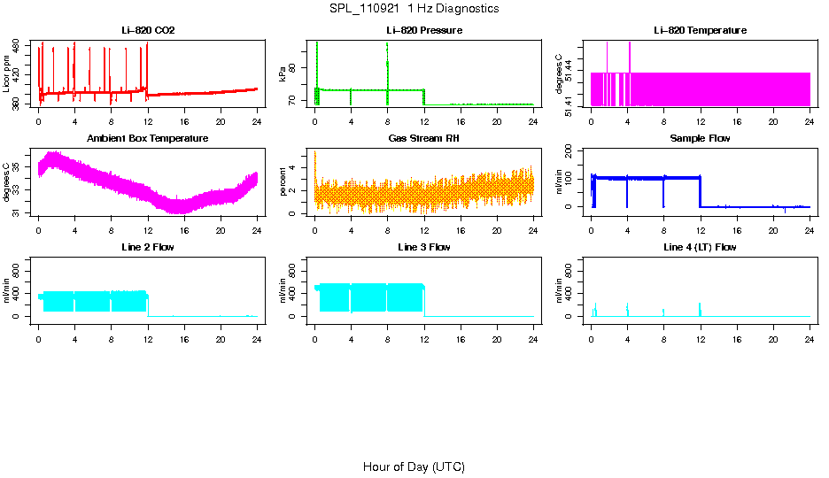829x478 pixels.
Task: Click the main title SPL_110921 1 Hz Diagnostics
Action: coord(414,8)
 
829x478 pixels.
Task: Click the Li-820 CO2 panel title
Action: coord(148,30)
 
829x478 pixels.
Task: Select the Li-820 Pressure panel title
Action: coord(424,30)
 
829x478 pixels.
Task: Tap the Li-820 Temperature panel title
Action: coord(700,30)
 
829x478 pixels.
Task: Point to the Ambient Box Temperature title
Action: coord(148,138)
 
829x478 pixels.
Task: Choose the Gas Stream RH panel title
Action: coord(424,138)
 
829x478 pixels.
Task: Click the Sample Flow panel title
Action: coord(700,138)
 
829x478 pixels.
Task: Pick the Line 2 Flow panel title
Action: coord(148,247)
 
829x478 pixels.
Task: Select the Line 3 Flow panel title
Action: coord(424,247)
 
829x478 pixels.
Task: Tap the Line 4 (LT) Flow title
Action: coord(700,247)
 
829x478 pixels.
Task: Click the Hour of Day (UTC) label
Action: coord(414,466)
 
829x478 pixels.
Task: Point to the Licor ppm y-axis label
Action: coord(8,74)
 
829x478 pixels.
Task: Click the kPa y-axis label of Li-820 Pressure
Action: coord(283,74)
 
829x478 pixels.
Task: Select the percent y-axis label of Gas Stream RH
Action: coord(283,182)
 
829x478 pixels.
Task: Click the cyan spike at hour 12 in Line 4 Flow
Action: coord(700,309)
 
